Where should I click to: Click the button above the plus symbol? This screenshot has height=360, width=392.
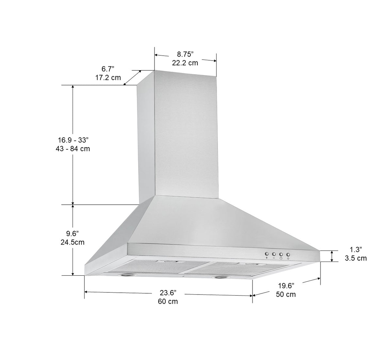point(267,254)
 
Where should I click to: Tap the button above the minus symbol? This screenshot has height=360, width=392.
point(274,254)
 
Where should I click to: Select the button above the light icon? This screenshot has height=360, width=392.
point(288,254)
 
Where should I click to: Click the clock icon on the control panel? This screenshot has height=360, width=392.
point(281,258)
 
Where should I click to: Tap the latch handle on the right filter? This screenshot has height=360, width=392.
point(250,264)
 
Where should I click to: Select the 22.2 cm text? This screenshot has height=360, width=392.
point(185,63)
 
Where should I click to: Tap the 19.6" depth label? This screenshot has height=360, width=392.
point(286,285)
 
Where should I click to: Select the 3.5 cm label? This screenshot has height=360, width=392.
point(355,258)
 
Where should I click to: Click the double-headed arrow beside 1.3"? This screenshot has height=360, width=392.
point(332,256)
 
